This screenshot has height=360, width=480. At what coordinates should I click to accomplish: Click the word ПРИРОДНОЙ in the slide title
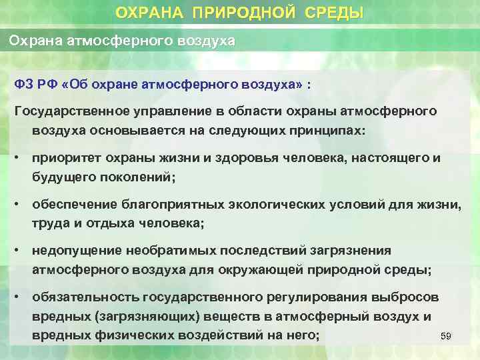tap(253, 13)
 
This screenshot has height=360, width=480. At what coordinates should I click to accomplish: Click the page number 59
tap(446, 337)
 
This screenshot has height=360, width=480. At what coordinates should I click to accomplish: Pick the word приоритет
tap(65, 158)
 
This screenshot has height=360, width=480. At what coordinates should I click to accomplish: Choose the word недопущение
tap(77, 251)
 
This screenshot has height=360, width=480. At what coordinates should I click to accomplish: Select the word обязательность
tap(82, 297)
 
